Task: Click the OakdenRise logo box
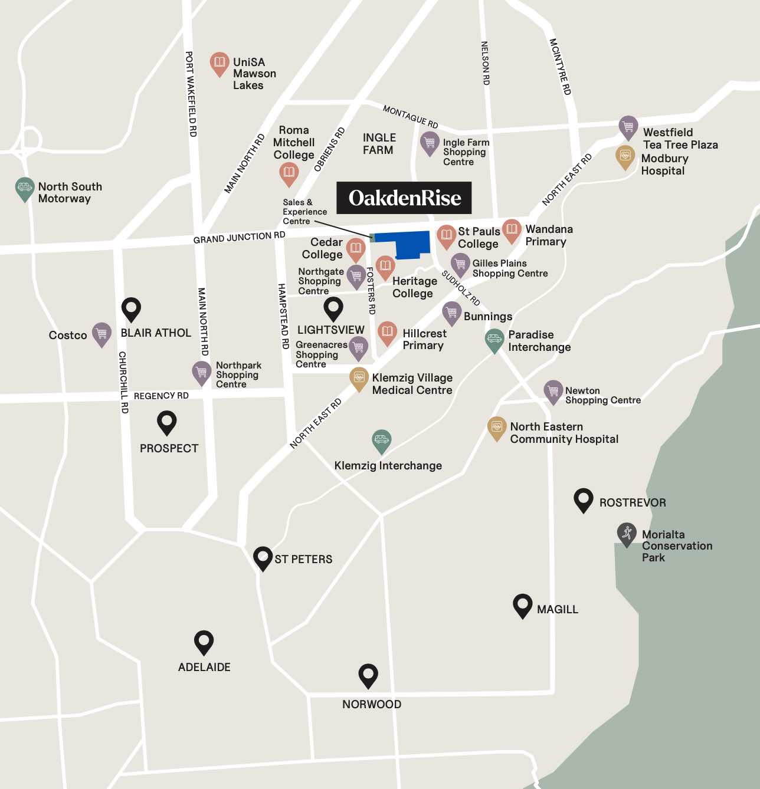click(x=404, y=198)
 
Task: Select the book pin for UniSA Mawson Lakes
click(x=220, y=63)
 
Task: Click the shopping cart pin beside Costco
click(x=101, y=334)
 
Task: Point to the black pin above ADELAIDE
click(x=204, y=642)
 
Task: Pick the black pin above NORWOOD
click(x=368, y=675)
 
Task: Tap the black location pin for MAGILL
click(x=522, y=605)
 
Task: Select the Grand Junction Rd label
click(x=239, y=237)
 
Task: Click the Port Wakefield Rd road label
click(x=190, y=94)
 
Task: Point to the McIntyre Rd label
click(x=560, y=67)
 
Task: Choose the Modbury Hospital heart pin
click(x=625, y=157)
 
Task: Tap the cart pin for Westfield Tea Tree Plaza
click(x=628, y=127)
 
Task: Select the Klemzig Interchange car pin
click(x=382, y=440)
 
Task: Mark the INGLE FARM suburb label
click(x=379, y=144)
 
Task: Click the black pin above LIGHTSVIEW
click(x=333, y=308)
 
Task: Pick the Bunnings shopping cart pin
click(x=451, y=313)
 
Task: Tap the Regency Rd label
click(x=161, y=396)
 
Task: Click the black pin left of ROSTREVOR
click(x=583, y=500)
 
